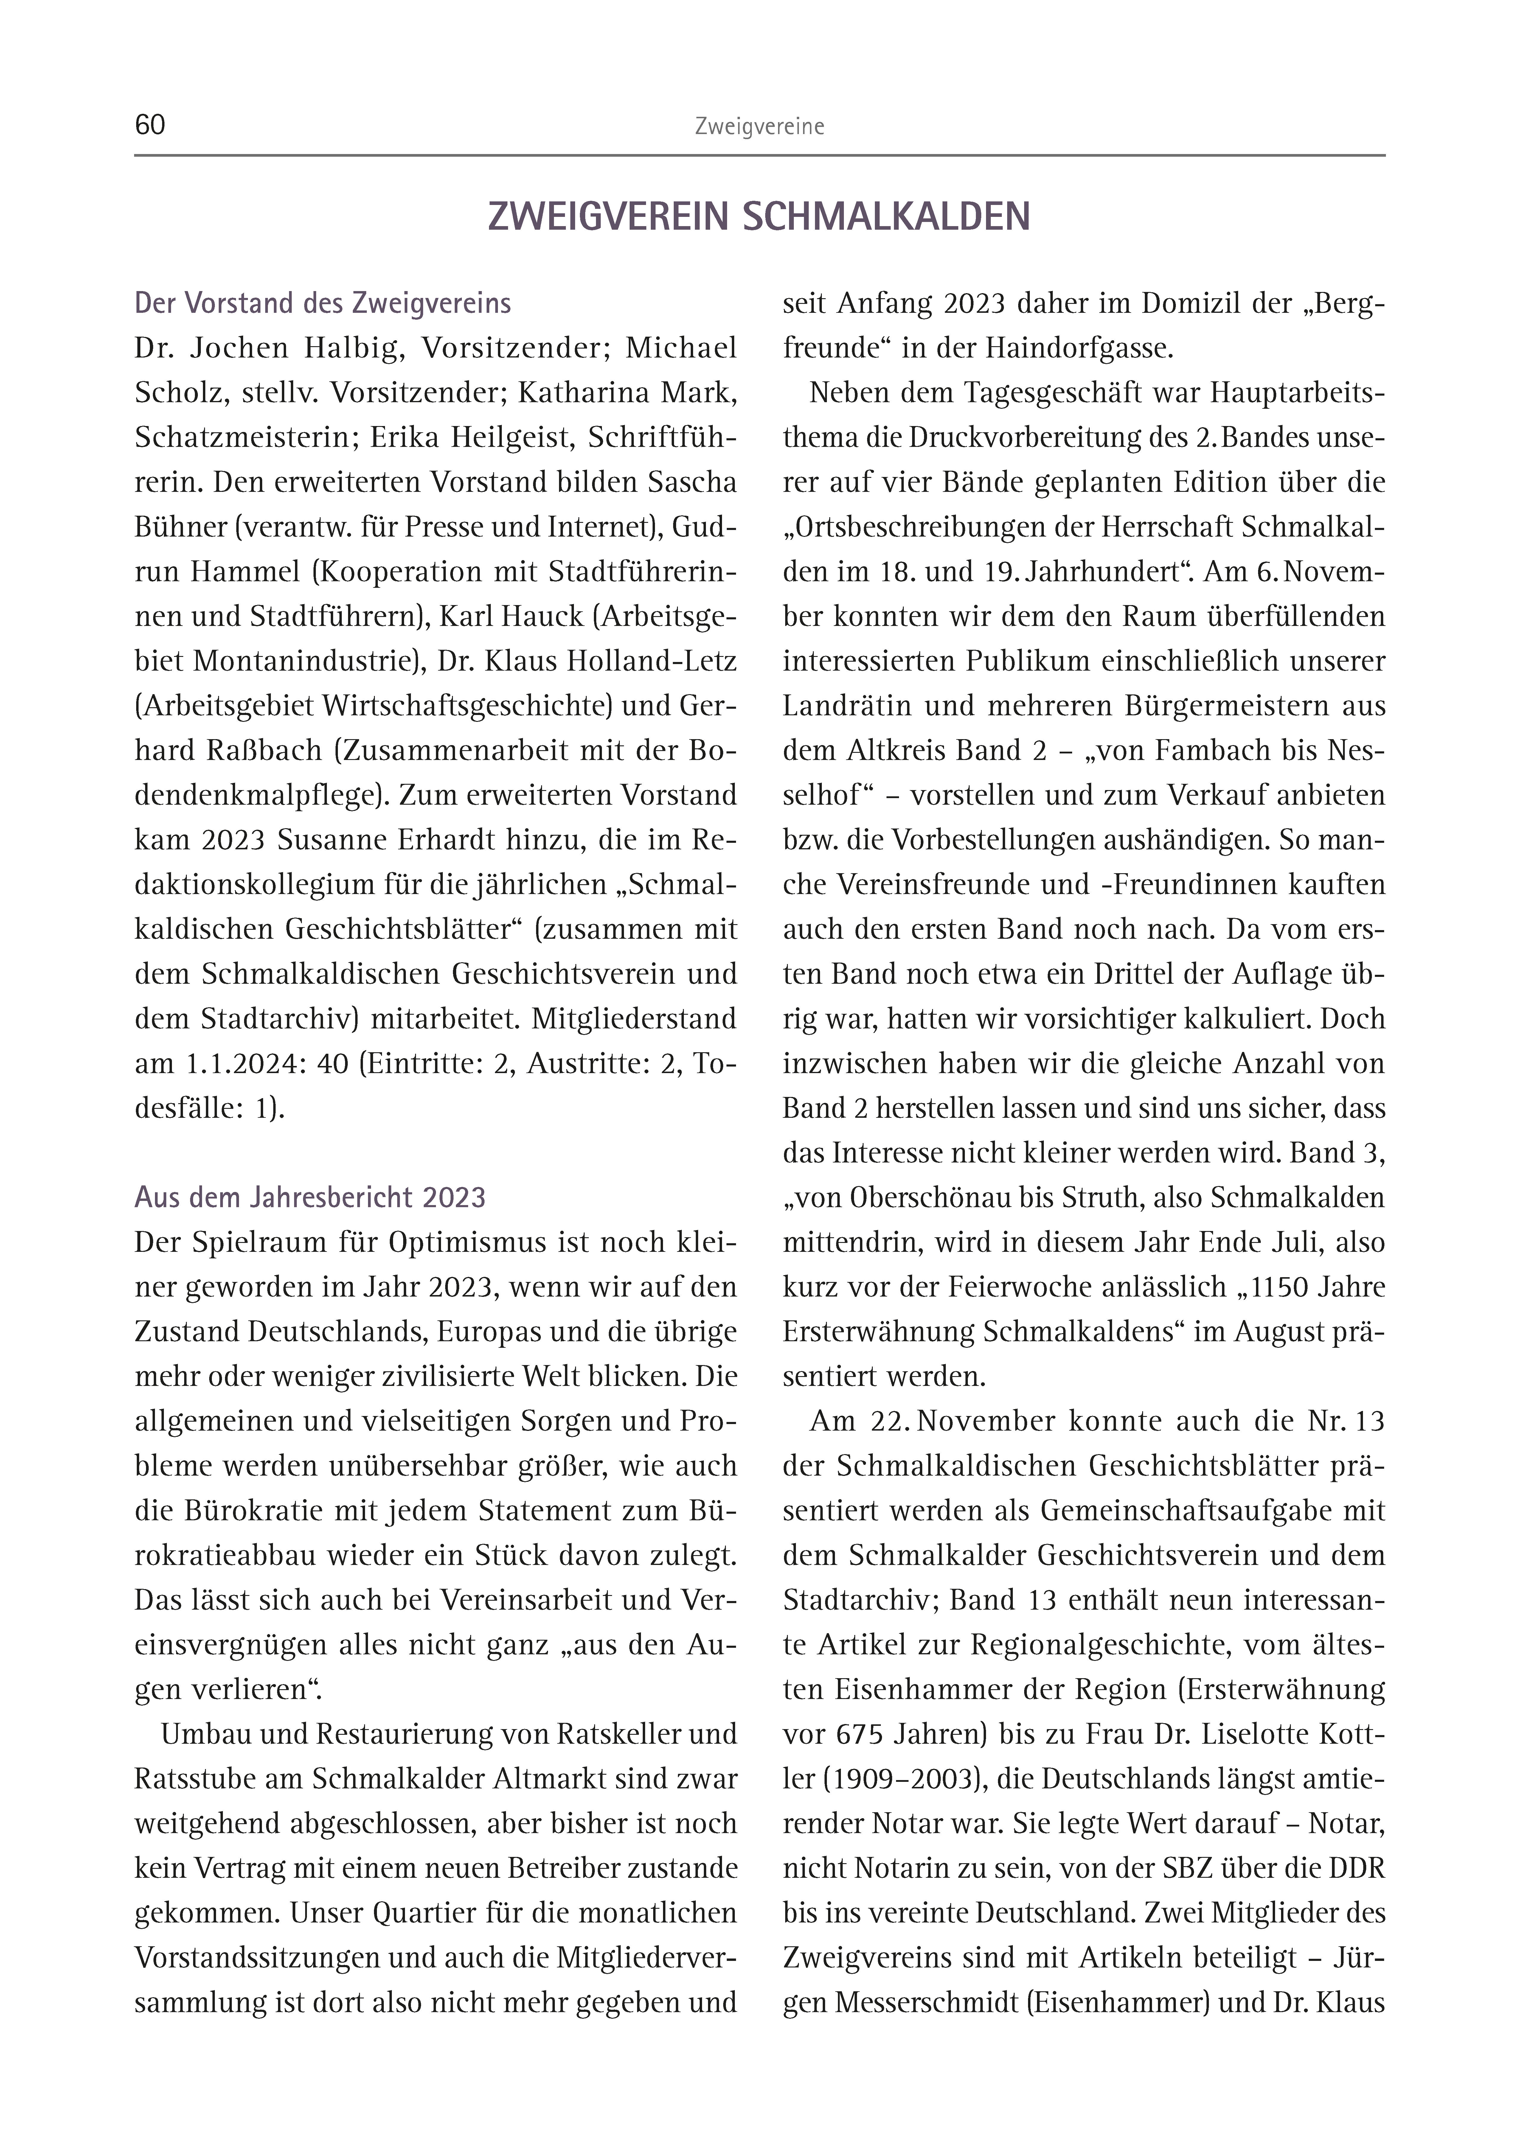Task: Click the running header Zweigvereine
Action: [759, 127]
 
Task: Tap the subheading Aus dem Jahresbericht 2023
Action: [310, 1198]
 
